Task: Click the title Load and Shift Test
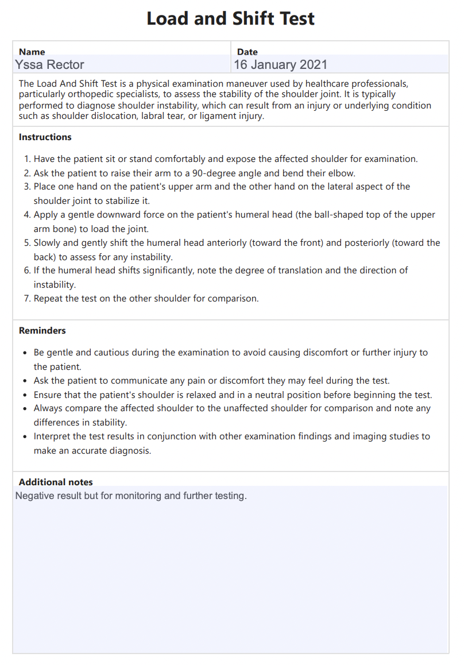(x=231, y=18)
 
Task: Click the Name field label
(x=32, y=52)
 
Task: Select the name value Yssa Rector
(x=50, y=64)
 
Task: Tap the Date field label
(x=248, y=52)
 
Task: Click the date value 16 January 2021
(x=281, y=64)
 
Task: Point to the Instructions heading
(x=45, y=137)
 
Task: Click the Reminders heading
(x=42, y=331)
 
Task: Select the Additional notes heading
(x=56, y=482)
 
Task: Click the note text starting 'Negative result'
(x=131, y=496)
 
